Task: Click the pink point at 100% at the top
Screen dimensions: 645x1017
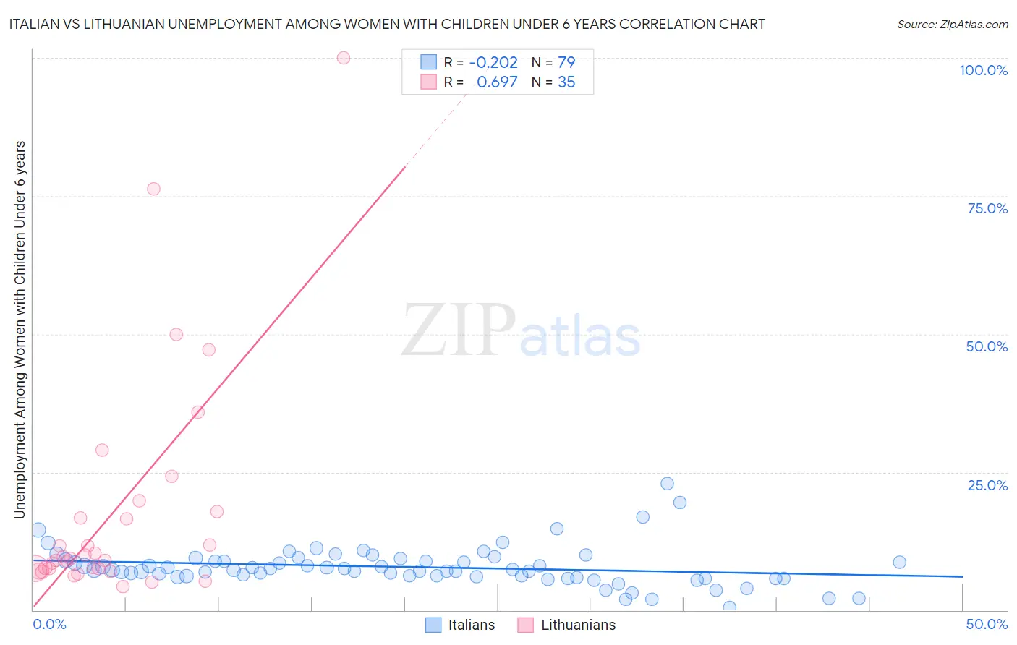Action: [344, 58]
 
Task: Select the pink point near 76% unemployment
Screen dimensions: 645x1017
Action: [153, 189]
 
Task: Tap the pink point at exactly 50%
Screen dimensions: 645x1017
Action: [176, 334]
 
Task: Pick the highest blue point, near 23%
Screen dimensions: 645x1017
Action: [667, 484]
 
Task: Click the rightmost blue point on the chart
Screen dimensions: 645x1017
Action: [899, 562]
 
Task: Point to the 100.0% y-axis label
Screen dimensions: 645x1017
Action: [983, 70]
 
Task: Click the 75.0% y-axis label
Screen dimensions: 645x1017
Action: [987, 208]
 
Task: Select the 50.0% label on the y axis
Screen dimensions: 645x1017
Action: [987, 346]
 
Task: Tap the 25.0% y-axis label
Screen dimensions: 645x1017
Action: [987, 485]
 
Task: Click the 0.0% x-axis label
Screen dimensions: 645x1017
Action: [49, 624]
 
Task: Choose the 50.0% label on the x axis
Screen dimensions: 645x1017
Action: [987, 624]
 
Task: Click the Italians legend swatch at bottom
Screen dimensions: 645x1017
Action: [433, 625]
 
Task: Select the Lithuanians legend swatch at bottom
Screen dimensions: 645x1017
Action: [526, 625]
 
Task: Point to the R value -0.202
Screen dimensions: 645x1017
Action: [493, 63]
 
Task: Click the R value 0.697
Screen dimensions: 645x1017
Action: [497, 82]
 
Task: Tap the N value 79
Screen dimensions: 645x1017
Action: [566, 63]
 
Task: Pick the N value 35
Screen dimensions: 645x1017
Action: [566, 82]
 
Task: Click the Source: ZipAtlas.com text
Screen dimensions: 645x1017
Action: [952, 25]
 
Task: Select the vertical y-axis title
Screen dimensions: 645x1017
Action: [20, 329]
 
